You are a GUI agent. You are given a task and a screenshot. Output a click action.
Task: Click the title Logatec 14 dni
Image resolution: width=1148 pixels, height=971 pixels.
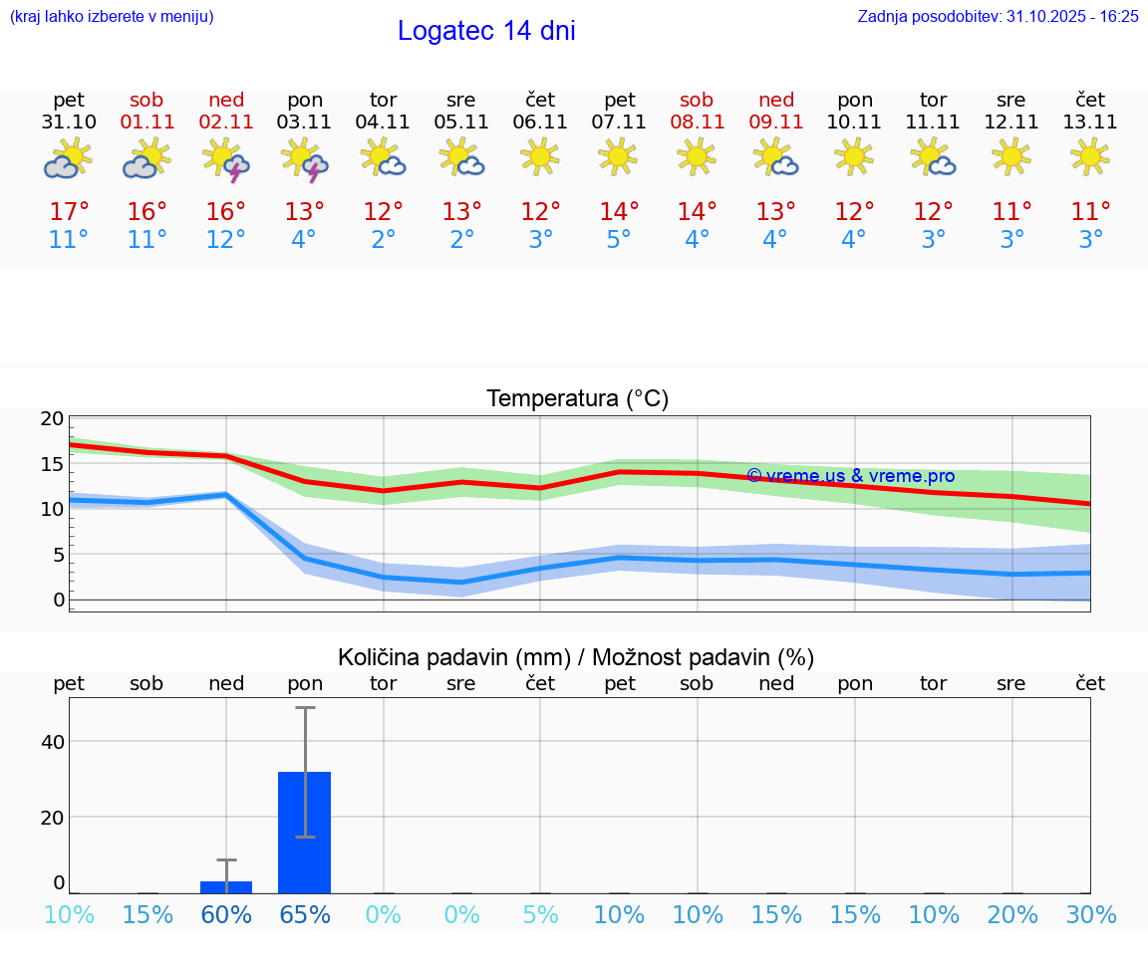click(486, 31)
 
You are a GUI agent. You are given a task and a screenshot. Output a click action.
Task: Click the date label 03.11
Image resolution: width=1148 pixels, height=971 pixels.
click(305, 122)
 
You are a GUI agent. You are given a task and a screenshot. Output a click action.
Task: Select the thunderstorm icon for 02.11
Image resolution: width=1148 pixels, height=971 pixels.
click(226, 159)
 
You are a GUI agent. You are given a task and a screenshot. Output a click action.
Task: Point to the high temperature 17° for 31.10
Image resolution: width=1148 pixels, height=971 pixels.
click(69, 212)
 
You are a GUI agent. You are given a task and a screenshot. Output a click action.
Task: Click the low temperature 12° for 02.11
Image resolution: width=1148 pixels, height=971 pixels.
click(226, 240)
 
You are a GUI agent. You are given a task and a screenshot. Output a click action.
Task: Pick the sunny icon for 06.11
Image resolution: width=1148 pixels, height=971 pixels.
click(540, 156)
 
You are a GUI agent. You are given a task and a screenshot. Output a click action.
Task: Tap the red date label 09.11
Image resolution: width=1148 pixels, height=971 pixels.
click(776, 122)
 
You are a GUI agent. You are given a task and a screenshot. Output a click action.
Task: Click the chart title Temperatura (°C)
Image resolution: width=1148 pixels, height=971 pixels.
click(577, 399)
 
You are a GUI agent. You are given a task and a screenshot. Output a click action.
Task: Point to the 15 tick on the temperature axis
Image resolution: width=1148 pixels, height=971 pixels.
click(53, 464)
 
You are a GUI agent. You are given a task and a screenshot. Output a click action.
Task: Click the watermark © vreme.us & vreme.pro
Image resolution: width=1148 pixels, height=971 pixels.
click(850, 476)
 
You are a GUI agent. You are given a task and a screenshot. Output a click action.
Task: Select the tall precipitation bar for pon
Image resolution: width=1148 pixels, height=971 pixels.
click(304, 832)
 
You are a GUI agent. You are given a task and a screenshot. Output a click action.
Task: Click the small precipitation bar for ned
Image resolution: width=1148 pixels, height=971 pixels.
click(226, 886)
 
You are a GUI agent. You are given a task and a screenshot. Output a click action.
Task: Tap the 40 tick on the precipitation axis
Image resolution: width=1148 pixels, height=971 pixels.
click(53, 742)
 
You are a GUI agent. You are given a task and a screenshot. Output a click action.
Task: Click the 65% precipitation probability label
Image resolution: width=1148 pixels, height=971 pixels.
click(305, 915)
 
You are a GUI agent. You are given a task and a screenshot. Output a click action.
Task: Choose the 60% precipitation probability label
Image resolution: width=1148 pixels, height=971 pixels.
click(226, 915)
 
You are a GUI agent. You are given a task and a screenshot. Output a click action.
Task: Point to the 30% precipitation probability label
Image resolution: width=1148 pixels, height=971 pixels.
click(1090, 915)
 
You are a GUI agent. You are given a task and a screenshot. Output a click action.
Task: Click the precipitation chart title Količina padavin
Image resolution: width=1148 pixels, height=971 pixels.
click(576, 657)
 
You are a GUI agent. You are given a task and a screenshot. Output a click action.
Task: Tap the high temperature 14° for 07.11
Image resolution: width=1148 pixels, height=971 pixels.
click(619, 212)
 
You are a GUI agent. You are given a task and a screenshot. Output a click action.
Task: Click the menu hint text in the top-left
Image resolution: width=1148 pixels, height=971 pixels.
click(112, 16)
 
